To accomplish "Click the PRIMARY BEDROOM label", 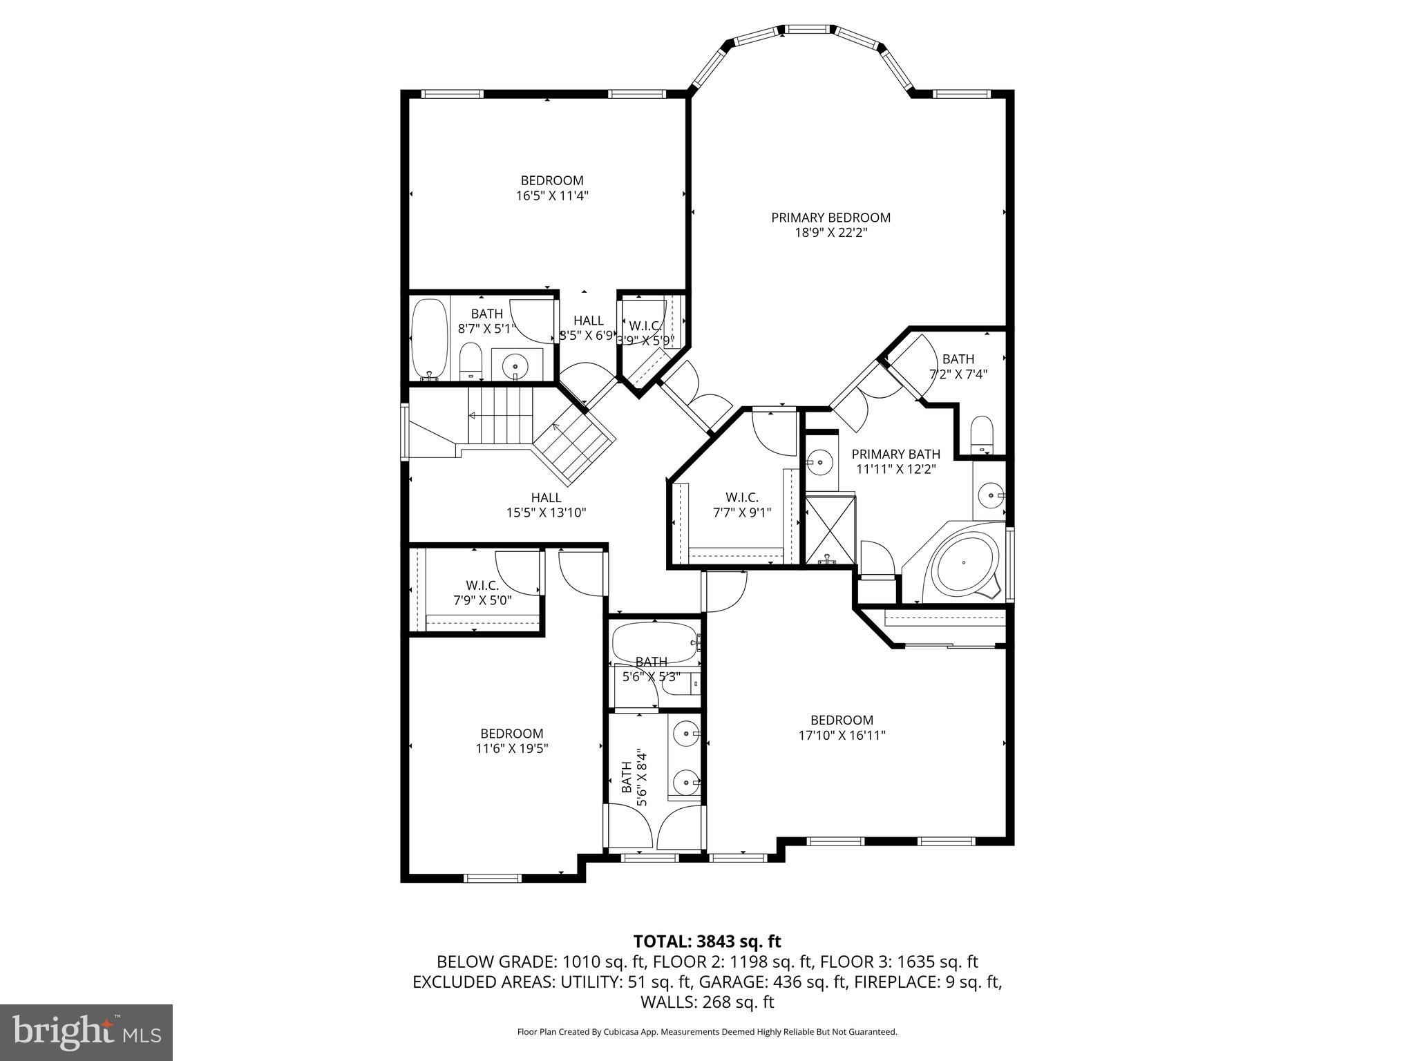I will click(830, 218).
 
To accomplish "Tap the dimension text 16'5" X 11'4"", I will click(552, 195).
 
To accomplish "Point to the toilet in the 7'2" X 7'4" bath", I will click(981, 434).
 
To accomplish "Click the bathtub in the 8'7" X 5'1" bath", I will click(430, 338).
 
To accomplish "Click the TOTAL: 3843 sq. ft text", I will click(707, 941).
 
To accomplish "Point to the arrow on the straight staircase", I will click(473, 416).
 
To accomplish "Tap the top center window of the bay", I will click(808, 30).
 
